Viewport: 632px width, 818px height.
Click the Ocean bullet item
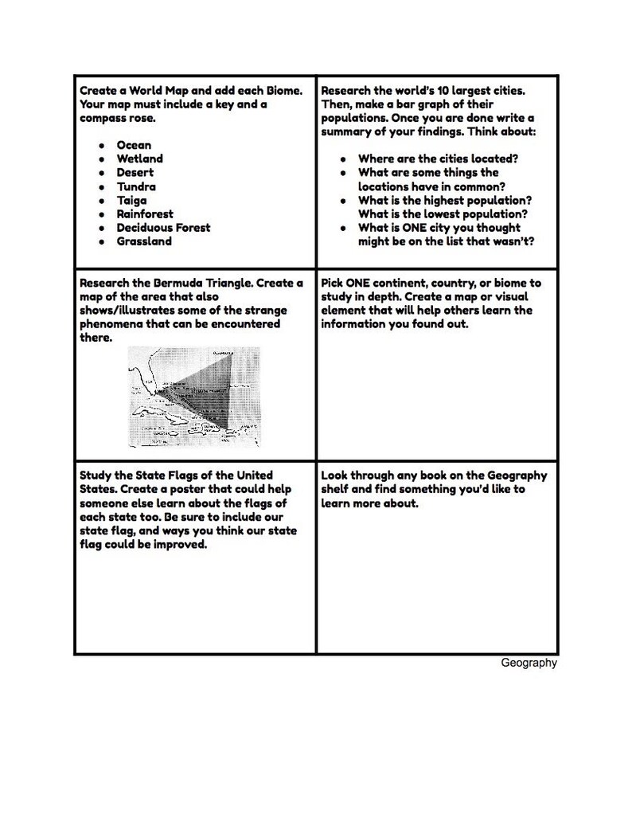[133, 145]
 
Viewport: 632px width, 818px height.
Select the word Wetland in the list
[139, 159]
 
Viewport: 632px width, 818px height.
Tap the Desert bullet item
[135, 172]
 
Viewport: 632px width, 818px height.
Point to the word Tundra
[136, 186]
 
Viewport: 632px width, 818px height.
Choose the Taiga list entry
[131, 201]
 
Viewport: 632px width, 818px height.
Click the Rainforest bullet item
[146, 214]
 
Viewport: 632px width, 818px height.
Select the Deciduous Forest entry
[163, 228]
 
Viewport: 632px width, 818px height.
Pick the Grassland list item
[144, 241]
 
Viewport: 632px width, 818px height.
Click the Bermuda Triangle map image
[194, 397]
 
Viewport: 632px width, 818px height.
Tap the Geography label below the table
[529, 663]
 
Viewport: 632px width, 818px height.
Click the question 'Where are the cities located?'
[438, 159]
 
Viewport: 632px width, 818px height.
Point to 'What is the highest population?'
[444, 200]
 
